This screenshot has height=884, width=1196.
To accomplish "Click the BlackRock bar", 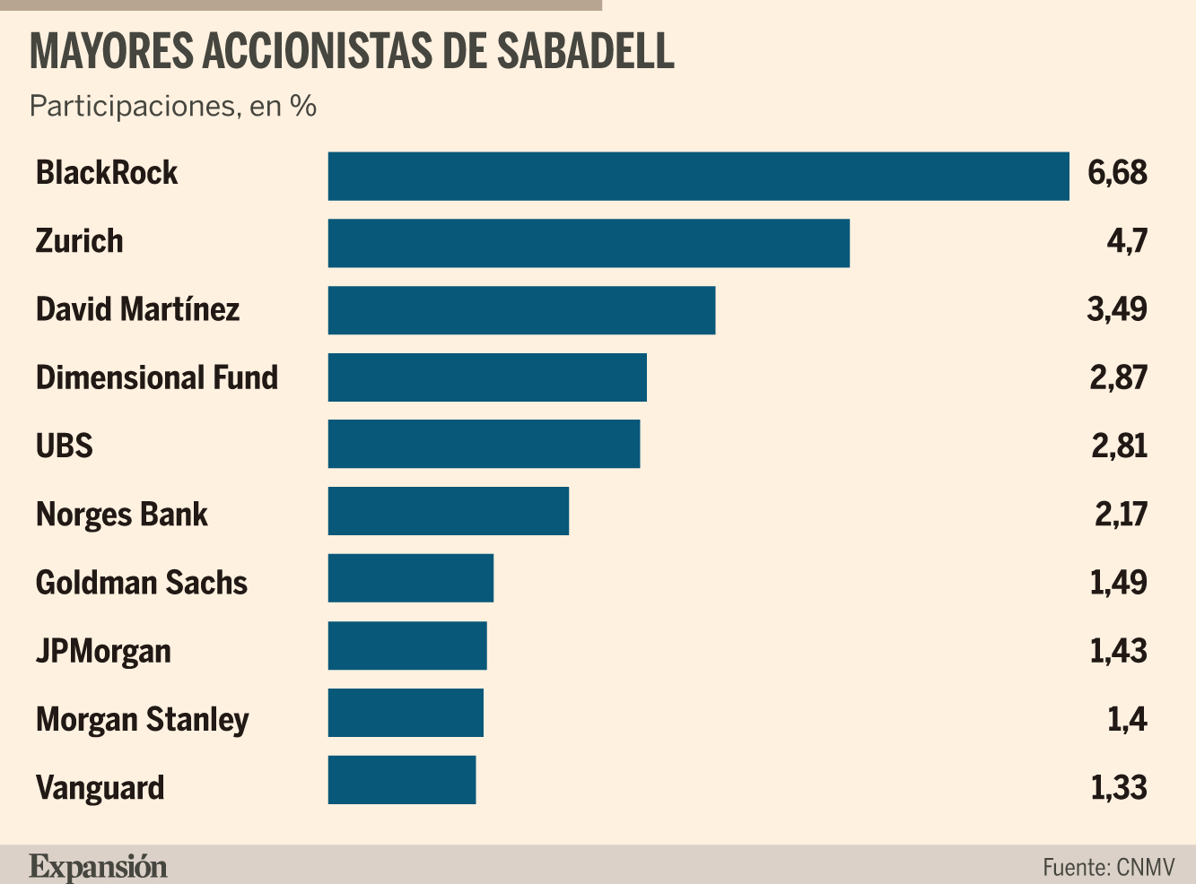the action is [x=698, y=177].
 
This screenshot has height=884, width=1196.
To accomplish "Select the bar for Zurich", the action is [x=589, y=243].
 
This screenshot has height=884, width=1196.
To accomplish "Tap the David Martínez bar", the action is [x=521, y=310].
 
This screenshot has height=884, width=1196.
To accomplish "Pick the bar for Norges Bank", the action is [x=448, y=511].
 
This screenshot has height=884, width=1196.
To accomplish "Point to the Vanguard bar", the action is [x=402, y=780].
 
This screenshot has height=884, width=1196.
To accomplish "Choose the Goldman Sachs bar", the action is [x=410, y=578].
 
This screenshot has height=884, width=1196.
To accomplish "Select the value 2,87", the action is [x=1118, y=377].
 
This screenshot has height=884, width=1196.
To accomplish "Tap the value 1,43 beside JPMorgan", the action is [x=1118, y=651].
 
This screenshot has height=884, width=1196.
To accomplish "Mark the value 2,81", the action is [x=1120, y=446].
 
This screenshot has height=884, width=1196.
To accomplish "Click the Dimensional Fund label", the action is [x=157, y=377].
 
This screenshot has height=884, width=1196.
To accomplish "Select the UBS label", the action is [x=65, y=446].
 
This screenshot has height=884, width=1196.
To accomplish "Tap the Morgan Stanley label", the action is [x=143, y=720].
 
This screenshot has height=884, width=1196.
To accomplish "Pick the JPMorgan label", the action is [x=103, y=652].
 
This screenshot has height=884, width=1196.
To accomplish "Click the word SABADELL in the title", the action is [x=586, y=51].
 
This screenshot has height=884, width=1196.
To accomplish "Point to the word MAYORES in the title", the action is [x=111, y=51].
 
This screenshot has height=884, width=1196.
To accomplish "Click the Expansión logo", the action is [x=98, y=867].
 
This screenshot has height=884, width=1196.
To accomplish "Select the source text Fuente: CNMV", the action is [x=1108, y=868].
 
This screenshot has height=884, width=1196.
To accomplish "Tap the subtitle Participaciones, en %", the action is [x=173, y=106].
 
